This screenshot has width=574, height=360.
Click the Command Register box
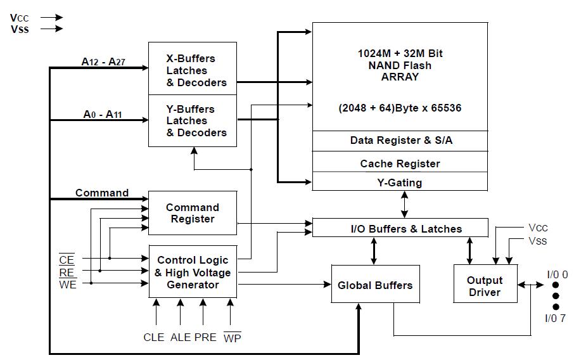coord(193,213)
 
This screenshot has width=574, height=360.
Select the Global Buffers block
coord(375,284)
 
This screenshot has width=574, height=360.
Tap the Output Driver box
coord(485,284)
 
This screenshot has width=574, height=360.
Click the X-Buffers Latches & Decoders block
coord(193,68)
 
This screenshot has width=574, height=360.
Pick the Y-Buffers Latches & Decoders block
coord(193,121)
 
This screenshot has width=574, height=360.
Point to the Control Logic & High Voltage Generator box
coord(193,271)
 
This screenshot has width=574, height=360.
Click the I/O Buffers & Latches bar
coord(400,228)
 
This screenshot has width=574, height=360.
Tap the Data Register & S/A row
coord(400,141)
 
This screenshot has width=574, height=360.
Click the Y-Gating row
coord(400,181)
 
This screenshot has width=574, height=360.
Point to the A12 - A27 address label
coord(103,61)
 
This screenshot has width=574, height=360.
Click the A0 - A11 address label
coord(103,114)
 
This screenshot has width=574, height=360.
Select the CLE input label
coord(154,337)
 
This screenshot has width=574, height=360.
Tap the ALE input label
coord(181,337)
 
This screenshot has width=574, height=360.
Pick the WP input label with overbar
coord(232,337)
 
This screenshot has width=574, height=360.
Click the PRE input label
coord(205,337)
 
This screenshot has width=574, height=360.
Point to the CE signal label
coord(67,259)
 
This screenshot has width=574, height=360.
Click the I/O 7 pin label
coord(555,318)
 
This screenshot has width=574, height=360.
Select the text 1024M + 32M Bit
coord(400,53)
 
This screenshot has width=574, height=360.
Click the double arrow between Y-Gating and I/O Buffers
coord(404,204)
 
